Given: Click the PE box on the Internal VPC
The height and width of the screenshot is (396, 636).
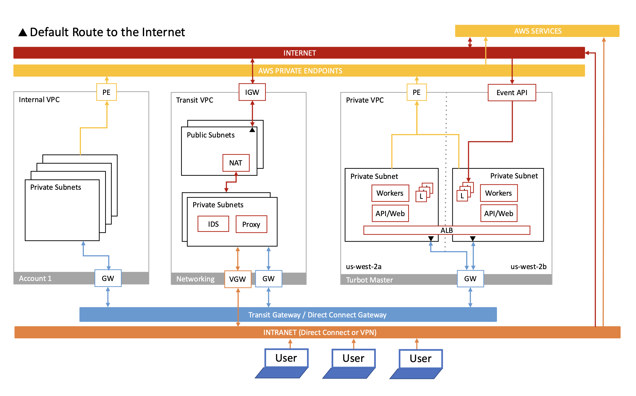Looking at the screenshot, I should [x=107, y=93].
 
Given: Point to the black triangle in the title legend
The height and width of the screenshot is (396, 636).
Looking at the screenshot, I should [x=23, y=33].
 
